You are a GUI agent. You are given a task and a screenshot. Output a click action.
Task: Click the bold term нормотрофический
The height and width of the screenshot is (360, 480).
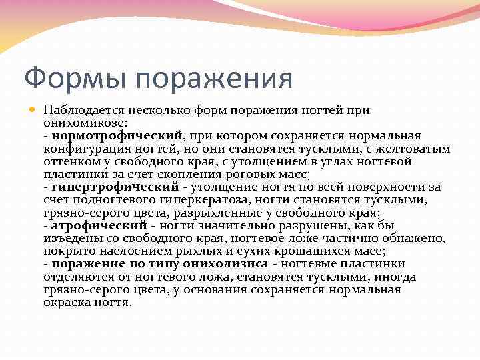pos(126,136)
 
